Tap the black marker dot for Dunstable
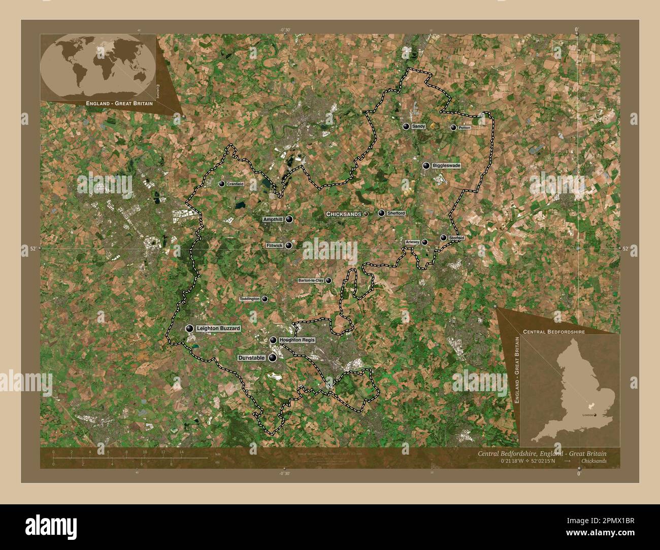coord(273,358)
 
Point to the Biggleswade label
coord(446,165)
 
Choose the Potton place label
coord(465,128)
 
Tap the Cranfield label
coord(235,184)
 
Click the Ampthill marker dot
coord(289,219)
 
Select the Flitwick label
coord(274,246)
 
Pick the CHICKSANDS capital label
coord(344,214)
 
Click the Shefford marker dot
coord(381,213)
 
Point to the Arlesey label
coord(412,243)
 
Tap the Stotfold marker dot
coord(444,237)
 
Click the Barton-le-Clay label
coord(311,280)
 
